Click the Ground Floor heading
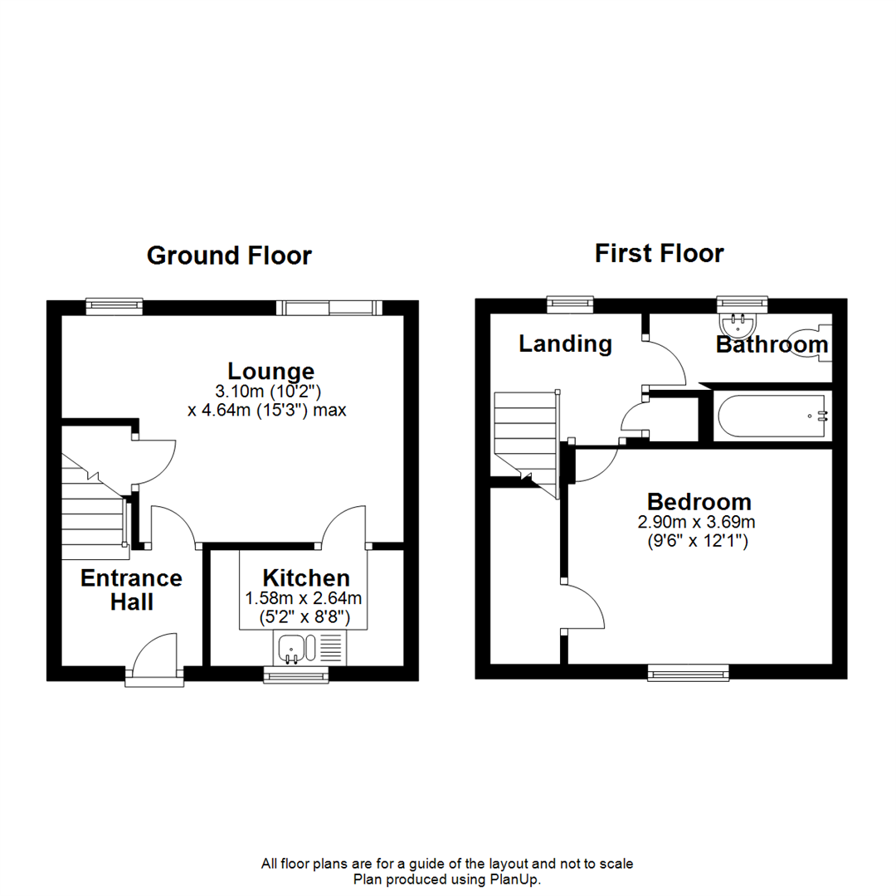coord(229,256)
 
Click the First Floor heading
coord(659,253)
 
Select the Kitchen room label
coord(306,577)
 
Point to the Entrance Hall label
coord(131,589)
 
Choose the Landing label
coord(565,343)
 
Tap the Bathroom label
coord(772,344)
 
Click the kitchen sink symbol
coord(293,648)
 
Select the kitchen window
coord(296,676)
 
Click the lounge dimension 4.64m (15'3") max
coord(266,409)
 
